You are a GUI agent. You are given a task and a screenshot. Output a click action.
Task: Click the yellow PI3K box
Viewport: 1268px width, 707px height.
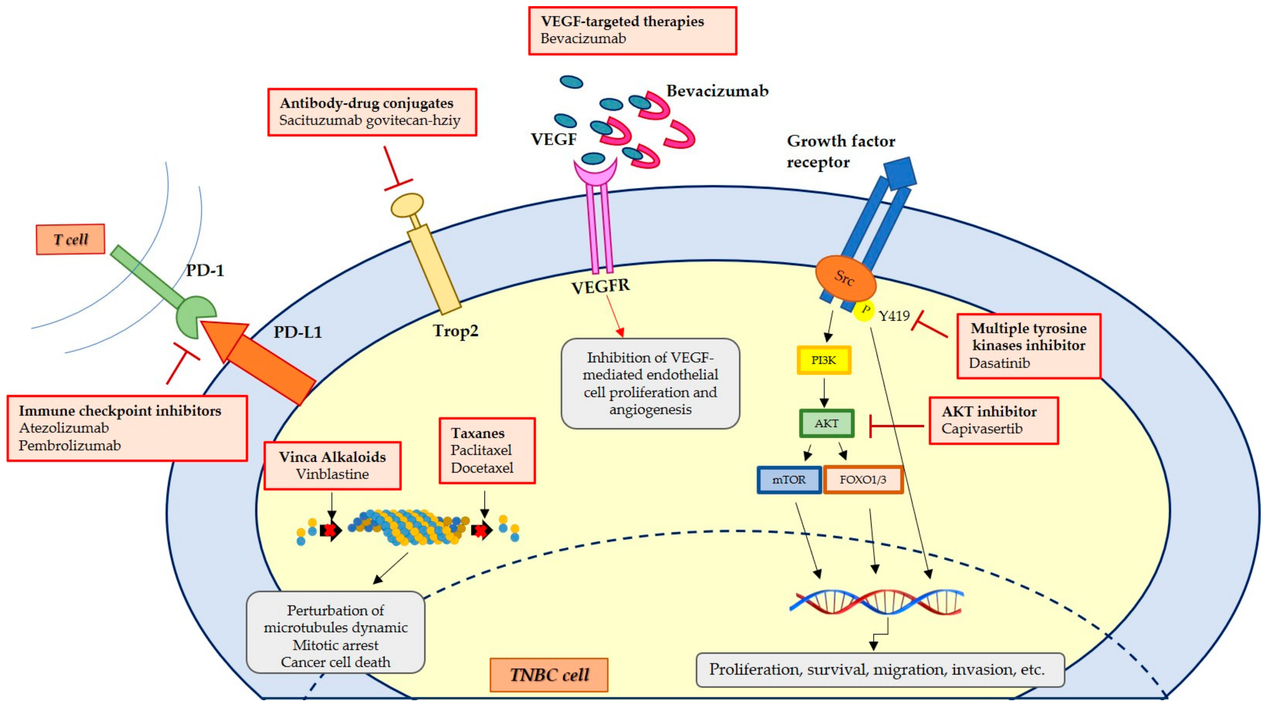pos(823,360)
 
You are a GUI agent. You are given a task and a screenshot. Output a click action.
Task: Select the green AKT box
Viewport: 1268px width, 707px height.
pos(826,423)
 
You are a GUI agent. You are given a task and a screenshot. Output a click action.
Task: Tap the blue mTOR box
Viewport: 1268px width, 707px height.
pos(789,480)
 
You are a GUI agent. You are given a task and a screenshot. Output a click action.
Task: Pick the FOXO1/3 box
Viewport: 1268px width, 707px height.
pos(863,480)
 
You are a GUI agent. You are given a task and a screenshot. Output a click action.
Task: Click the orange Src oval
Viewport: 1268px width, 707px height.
pos(846,278)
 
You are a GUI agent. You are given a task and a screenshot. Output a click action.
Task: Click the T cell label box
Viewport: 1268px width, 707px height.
pos(70,239)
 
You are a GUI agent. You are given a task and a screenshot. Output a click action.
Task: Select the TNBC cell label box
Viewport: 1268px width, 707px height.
pos(549,675)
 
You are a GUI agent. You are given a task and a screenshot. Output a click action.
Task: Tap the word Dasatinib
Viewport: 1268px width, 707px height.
pos(999,363)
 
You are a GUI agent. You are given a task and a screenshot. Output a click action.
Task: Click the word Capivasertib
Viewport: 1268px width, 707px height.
pos(982,428)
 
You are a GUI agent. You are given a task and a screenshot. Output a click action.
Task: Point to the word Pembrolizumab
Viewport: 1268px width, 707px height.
pos(69,445)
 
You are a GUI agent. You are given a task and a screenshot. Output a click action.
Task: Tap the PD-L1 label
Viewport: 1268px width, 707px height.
pos(298,332)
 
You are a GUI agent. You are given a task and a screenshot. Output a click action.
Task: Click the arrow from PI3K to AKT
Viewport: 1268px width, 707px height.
pos(824,392)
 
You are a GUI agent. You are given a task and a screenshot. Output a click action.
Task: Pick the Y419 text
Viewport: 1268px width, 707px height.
pos(894,316)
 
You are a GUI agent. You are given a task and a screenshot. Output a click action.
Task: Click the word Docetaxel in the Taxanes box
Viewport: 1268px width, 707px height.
pos(482,468)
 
